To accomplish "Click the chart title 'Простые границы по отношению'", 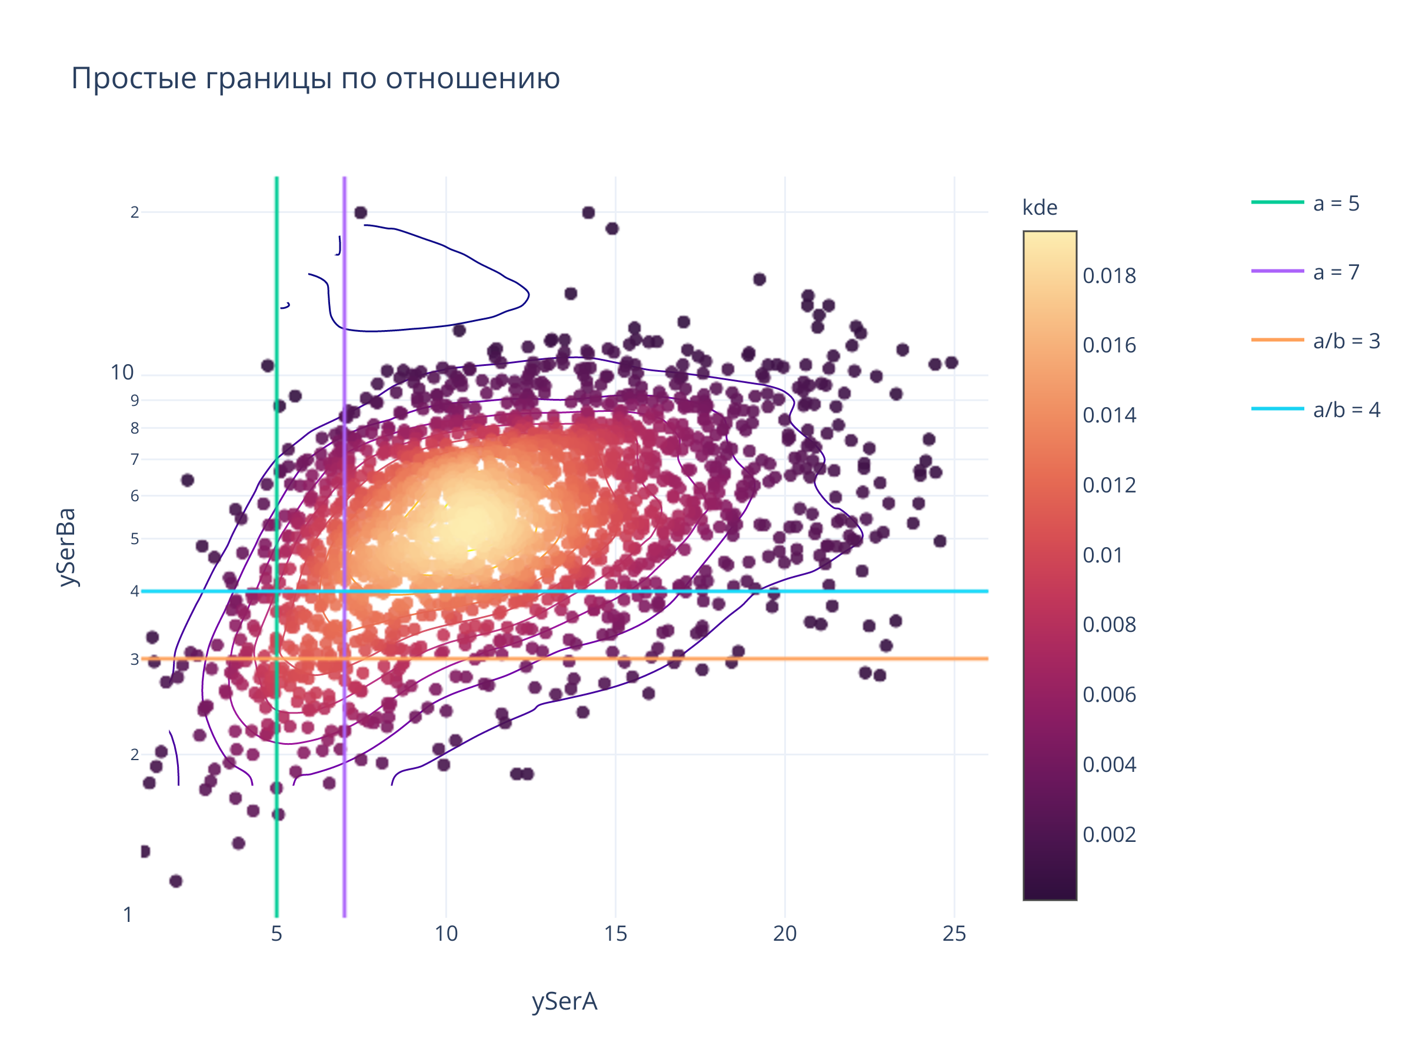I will pyautogui.click(x=315, y=78).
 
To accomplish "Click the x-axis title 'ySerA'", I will pyautogui.click(x=564, y=1001).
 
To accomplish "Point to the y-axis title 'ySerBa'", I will pyautogui.click(x=66, y=547).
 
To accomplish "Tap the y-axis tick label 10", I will pyautogui.click(x=122, y=373).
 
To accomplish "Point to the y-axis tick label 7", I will pyautogui.click(x=135, y=459).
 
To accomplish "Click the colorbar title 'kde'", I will pyautogui.click(x=1040, y=208).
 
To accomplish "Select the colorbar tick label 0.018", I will pyautogui.click(x=1110, y=277).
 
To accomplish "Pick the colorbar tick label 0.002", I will pyautogui.click(x=1110, y=835).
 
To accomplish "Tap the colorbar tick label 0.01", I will pyautogui.click(x=1103, y=555).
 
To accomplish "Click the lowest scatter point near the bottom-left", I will pyautogui.click(x=176, y=881).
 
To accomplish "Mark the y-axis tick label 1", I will pyautogui.click(x=128, y=915).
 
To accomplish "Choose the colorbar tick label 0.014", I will pyautogui.click(x=1110, y=415).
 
